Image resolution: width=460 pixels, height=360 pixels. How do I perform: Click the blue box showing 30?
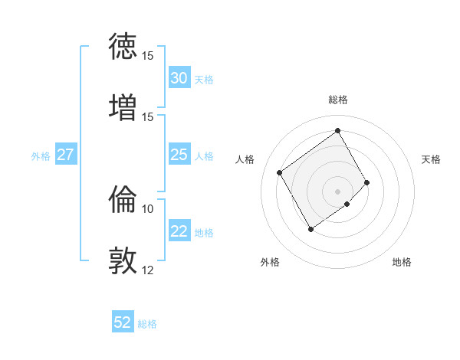tap(179, 78)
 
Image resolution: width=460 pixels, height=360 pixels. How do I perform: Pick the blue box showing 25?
tap(179, 155)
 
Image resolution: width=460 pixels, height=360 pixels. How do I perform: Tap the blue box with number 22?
tap(179, 232)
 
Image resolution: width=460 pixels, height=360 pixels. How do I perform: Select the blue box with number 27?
tap(65, 155)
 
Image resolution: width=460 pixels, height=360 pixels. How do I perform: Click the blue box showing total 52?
tap(123, 322)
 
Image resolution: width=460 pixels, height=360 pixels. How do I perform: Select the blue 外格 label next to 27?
tap(41, 156)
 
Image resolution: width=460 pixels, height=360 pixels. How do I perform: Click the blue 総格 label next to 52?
tap(147, 324)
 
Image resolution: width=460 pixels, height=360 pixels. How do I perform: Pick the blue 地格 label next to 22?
tap(204, 233)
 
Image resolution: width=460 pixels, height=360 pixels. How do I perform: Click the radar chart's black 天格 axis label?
tap(431, 159)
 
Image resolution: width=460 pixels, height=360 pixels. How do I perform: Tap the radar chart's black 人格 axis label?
tap(245, 159)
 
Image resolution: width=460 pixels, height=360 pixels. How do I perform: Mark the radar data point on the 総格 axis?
tap(337, 130)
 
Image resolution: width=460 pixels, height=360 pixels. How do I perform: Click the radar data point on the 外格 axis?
tap(310, 229)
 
